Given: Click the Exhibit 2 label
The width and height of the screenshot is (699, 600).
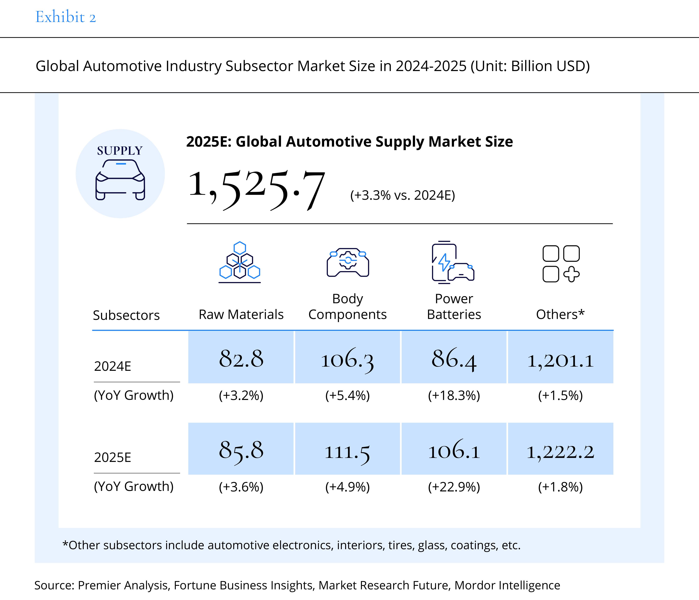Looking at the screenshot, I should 66,17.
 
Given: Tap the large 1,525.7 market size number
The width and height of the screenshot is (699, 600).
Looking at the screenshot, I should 256,190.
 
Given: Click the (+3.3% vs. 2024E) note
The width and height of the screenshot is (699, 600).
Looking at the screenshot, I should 402,195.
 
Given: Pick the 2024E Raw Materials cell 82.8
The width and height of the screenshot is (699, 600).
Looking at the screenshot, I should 241,358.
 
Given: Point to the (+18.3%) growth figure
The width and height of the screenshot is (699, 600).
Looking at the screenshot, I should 454,395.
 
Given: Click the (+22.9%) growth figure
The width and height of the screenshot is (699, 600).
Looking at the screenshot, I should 454,487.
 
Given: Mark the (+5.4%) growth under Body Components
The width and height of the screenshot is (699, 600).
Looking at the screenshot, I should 347,395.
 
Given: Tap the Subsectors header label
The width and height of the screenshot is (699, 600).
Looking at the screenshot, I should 126,315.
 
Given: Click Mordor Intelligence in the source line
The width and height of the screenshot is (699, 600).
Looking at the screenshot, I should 507,585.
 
